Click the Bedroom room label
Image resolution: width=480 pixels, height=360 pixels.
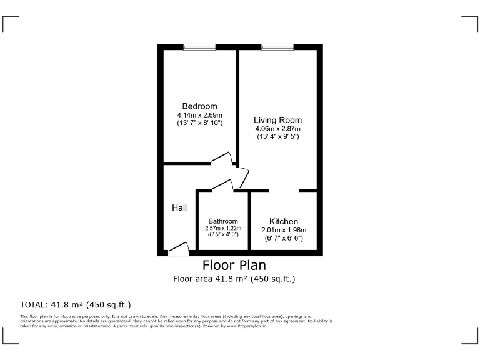coord(199,106)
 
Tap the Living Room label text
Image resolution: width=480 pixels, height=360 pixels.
coord(277,120)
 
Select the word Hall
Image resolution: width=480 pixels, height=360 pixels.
coord(179,207)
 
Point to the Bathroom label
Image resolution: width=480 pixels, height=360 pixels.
coord(223,221)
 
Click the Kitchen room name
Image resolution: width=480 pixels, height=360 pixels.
coord(283,221)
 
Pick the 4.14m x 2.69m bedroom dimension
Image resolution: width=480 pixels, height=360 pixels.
coord(199,115)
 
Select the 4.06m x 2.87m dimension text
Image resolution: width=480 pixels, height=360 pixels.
coord(277,129)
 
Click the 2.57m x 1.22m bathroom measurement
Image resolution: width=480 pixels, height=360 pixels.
coord(223,228)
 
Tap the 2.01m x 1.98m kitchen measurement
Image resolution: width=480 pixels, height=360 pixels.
coord(283,229)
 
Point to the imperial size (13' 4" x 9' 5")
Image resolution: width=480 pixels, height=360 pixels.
coord(277,136)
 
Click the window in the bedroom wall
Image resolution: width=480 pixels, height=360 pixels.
coord(199,47)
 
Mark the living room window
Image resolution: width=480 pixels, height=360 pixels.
coord(277,47)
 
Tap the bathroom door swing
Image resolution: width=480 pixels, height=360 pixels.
coord(224,184)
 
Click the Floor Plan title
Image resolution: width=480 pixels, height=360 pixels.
coord(234,265)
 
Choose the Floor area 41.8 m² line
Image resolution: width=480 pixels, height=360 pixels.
coord(234,279)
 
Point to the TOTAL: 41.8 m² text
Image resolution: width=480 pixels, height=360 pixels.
coord(76,305)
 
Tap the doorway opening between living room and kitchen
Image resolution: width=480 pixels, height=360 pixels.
coord(284,191)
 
